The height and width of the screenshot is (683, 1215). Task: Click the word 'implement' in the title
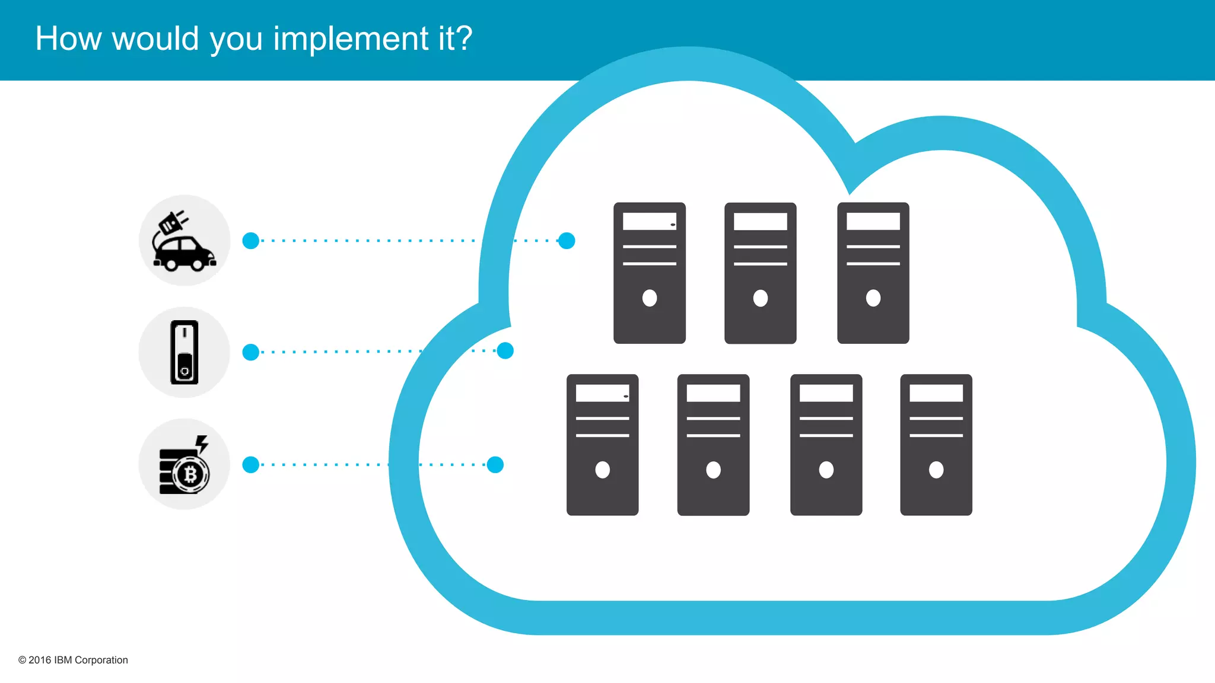pyautogui.click(x=350, y=39)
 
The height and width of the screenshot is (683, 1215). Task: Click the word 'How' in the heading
pyautogui.click(x=68, y=39)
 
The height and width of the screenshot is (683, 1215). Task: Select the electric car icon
pyautogui.click(x=184, y=241)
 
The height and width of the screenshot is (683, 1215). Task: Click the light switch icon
pyautogui.click(x=184, y=352)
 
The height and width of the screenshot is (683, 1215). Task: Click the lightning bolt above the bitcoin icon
pyautogui.click(x=202, y=443)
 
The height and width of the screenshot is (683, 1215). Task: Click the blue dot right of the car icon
pyautogui.click(x=251, y=241)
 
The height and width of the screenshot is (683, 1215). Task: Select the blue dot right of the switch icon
pyautogui.click(x=251, y=352)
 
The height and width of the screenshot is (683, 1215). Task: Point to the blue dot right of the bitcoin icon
pyautogui.click(x=251, y=464)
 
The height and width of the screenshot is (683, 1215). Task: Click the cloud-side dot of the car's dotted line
pyautogui.click(x=567, y=241)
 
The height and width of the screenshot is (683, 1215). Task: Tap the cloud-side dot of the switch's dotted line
pyautogui.click(x=505, y=351)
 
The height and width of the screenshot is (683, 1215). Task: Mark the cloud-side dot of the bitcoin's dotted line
pyautogui.click(x=495, y=464)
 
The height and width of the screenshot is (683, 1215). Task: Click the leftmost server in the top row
pyautogui.click(x=649, y=273)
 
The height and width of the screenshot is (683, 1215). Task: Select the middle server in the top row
pyautogui.click(x=760, y=273)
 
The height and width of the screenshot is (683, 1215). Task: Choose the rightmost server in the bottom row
pyautogui.click(x=936, y=445)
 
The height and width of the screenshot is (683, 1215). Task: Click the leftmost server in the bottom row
pyautogui.click(x=602, y=445)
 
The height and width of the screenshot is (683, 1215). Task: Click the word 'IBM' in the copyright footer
pyautogui.click(x=63, y=660)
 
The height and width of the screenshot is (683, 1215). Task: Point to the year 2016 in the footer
pyautogui.click(x=40, y=660)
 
